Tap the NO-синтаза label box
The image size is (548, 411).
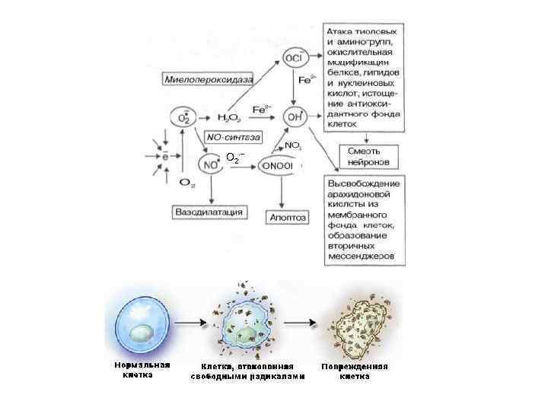tap(232, 138)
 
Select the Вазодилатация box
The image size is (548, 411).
tap(209, 211)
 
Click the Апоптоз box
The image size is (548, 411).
tap(287, 217)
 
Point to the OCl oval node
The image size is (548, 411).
tap(292, 58)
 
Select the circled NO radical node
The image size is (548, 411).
tap(209, 163)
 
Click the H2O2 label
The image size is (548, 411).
tap(228, 117)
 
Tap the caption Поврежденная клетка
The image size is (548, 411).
tap(355, 371)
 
